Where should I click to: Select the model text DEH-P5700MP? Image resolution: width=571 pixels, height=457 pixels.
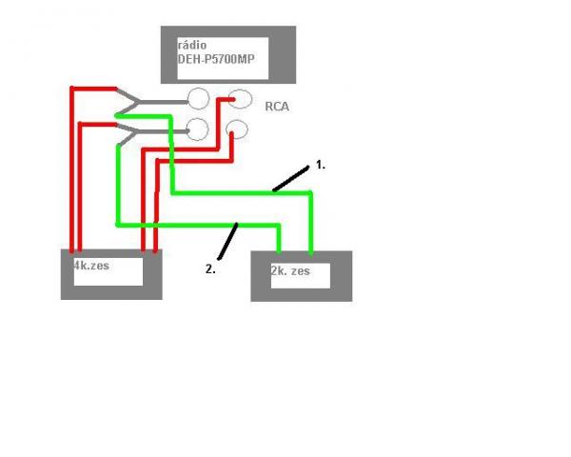(x=217, y=58)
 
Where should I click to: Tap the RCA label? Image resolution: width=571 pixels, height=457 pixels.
(x=278, y=108)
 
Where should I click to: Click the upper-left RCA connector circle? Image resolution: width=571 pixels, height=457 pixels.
(x=199, y=98)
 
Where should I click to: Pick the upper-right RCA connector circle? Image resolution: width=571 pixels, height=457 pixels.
(x=240, y=98)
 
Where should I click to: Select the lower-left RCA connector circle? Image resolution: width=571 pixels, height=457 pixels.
(x=198, y=129)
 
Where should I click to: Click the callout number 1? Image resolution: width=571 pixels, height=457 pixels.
(x=321, y=165)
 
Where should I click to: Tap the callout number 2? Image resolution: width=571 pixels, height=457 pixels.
(x=209, y=268)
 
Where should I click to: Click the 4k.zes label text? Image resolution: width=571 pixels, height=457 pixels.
(x=92, y=266)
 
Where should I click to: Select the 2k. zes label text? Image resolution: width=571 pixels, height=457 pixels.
(x=290, y=270)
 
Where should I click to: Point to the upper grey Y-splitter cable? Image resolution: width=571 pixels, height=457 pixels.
(x=162, y=99)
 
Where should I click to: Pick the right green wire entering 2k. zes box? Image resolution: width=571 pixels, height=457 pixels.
(x=310, y=224)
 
